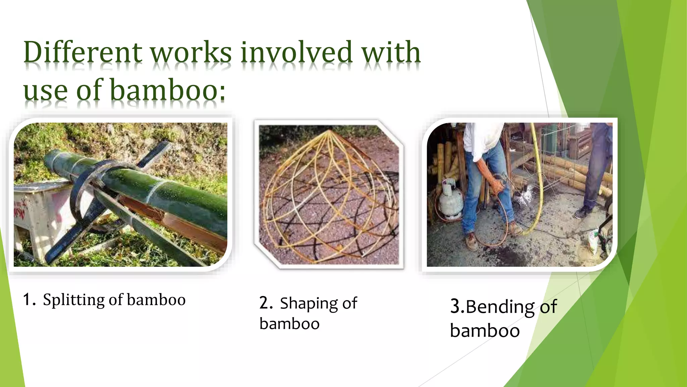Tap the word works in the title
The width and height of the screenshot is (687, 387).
click(x=190, y=53)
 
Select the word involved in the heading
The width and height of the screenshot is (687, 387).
click(x=297, y=53)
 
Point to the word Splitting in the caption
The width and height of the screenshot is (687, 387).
click(x=73, y=300)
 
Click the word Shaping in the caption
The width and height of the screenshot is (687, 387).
click(x=309, y=304)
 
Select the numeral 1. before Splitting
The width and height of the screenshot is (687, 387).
click(x=29, y=299)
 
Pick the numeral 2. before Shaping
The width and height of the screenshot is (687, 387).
click(x=266, y=303)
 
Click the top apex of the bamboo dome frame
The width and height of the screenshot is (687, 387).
click(x=330, y=130)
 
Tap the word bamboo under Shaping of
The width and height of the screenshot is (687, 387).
click(x=289, y=324)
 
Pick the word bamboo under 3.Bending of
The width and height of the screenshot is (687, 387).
click(x=485, y=331)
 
